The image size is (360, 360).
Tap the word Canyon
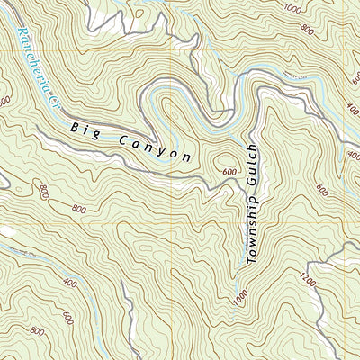[x=155, y=150]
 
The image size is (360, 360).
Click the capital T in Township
[x=251, y=261]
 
